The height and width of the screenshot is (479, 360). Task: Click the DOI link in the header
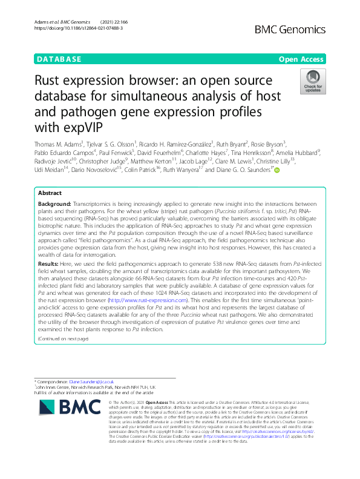tap(79, 28)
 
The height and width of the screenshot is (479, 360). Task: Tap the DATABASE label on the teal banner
tap(59, 59)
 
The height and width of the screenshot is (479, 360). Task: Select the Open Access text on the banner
tap(301, 59)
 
